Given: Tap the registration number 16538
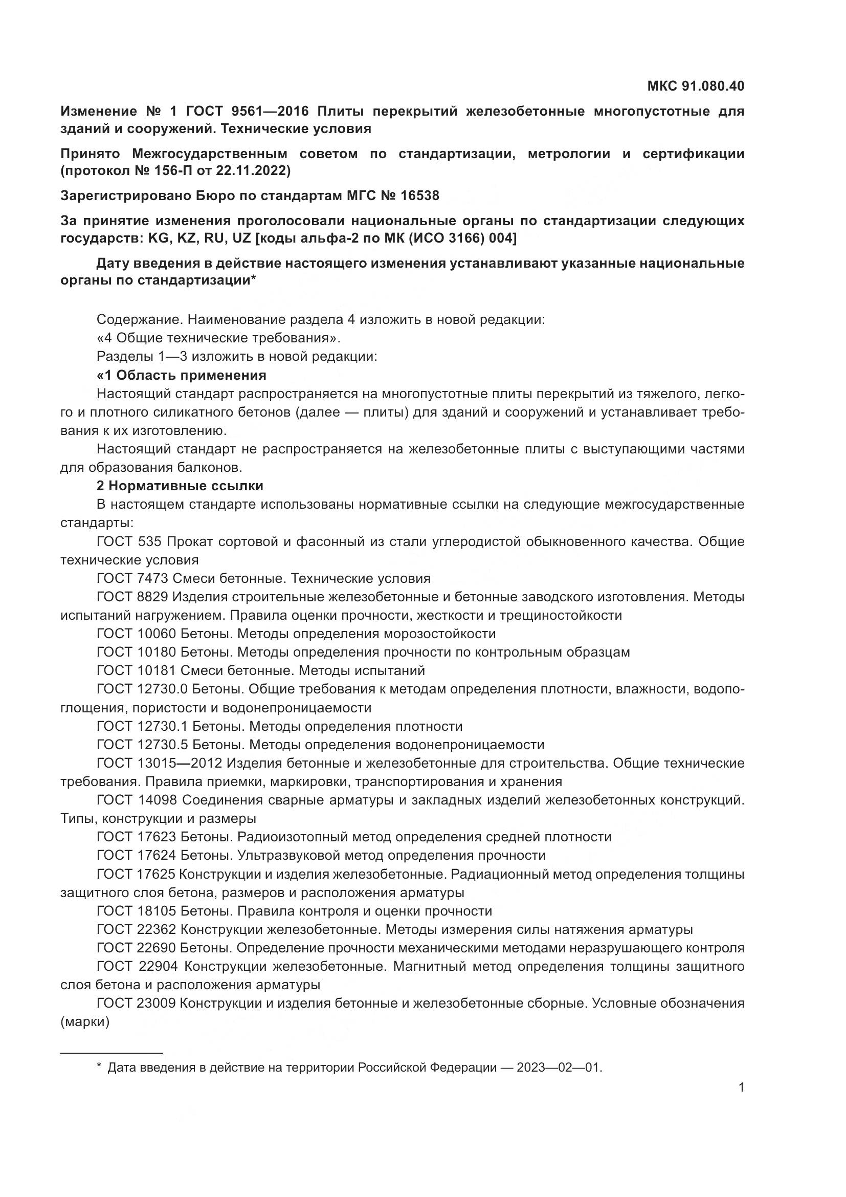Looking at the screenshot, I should (420, 195).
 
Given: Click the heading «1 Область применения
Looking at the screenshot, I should (181, 375).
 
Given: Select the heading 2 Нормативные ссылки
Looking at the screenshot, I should (180, 485).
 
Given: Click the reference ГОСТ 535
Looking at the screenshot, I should (129, 541).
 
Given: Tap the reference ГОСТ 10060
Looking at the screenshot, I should (136, 634).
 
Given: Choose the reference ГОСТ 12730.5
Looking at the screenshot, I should (142, 745).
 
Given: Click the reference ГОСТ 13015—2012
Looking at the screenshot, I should (160, 763).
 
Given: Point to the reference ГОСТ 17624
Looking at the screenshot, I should (136, 855).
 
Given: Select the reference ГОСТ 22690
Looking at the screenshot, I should (136, 948).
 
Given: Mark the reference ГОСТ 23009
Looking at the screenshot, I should (136, 1003).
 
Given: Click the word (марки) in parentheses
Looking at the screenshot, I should (85, 1022).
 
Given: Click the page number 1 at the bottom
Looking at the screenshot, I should (741, 1087).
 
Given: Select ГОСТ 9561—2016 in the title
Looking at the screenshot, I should (248, 111).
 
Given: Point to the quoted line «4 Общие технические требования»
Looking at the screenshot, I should (218, 338).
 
